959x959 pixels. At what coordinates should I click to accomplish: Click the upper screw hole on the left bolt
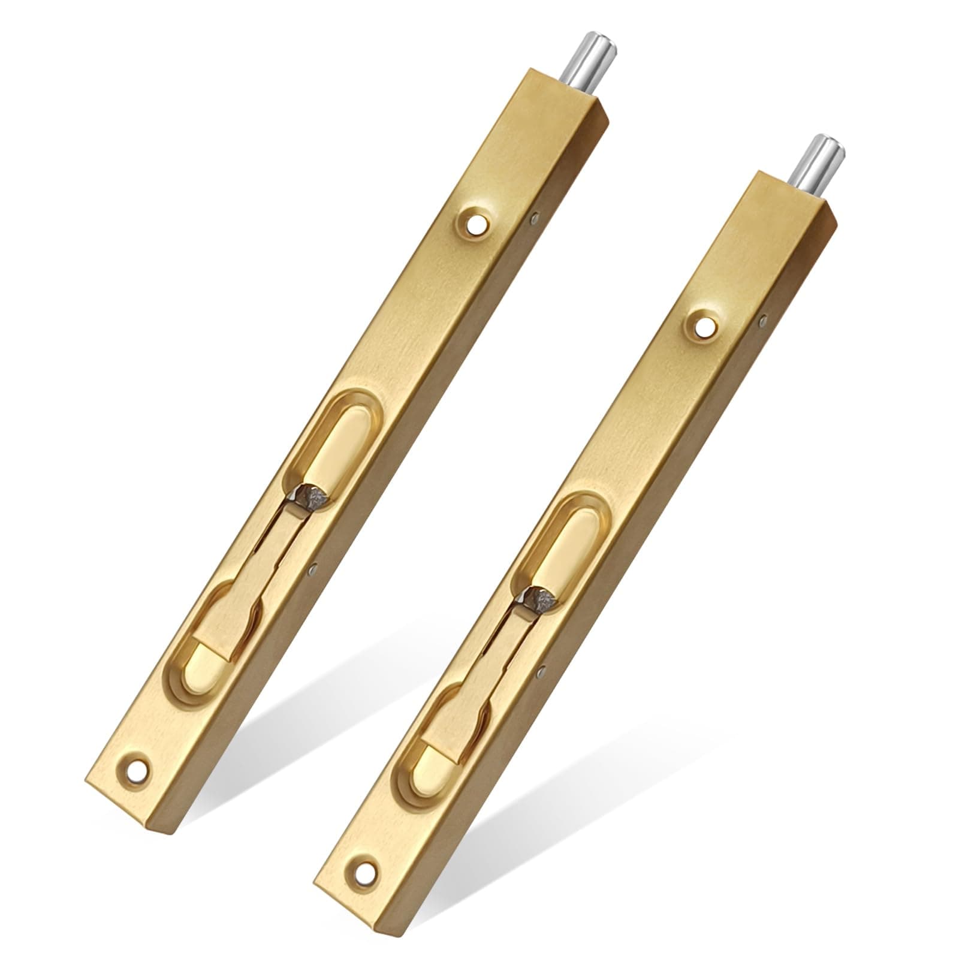(x=477, y=225)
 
